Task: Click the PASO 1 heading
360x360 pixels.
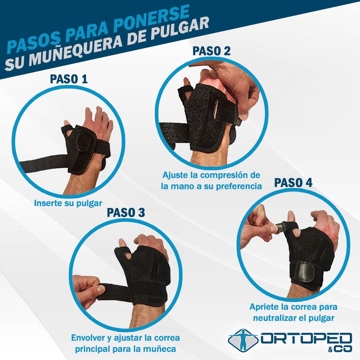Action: (x=69, y=79)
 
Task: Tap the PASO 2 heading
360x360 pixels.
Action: (x=211, y=51)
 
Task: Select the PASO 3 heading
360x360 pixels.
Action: (x=126, y=212)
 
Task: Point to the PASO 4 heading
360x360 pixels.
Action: (x=293, y=183)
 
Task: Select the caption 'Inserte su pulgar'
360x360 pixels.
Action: (x=68, y=203)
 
